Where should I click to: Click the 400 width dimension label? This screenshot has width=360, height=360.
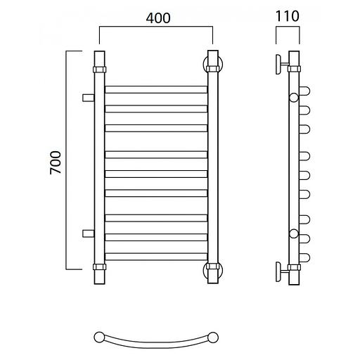[x=158, y=18]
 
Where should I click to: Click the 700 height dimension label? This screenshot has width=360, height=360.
[x=56, y=162]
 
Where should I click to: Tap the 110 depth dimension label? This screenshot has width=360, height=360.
[x=288, y=16]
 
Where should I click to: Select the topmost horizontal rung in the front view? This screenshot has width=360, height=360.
[x=156, y=89]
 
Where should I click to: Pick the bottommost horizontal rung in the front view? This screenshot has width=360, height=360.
[x=156, y=257]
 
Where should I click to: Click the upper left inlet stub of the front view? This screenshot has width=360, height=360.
[x=89, y=98]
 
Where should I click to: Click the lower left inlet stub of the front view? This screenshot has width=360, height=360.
[x=89, y=233]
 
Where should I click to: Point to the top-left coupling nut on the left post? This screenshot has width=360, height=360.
[x=100, y=70]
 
